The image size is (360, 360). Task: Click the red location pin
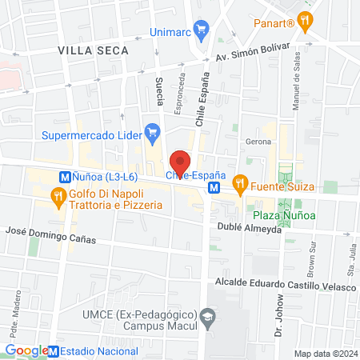click(181, 163)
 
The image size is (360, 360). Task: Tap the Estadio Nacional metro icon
click(54, 350)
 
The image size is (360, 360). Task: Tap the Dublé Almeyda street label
click(250, 228)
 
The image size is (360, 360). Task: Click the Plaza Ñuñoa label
click(282, 215)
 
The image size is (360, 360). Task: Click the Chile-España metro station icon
click(214, 188)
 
